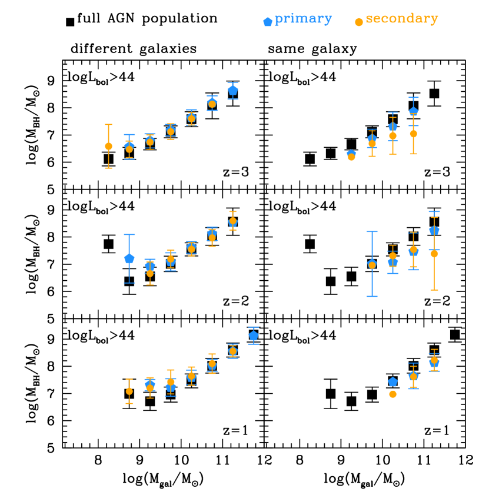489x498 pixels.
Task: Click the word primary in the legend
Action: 303,19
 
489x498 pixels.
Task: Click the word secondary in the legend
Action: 402,19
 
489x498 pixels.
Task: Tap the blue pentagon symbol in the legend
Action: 268,22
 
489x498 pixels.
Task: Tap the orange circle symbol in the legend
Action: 359,22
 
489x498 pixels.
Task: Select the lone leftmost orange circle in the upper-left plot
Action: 108,146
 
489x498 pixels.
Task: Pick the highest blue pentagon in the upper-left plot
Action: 233,90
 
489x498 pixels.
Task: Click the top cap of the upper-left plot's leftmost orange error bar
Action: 108,125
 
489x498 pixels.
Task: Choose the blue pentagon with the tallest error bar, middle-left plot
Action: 129,258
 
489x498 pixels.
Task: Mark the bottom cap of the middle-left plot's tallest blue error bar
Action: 129,283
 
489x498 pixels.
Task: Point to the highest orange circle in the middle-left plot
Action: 233,221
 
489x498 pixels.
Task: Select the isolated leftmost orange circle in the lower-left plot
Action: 129,391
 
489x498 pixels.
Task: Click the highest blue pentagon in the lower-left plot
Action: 254,336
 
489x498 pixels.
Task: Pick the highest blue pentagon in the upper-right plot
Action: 414,111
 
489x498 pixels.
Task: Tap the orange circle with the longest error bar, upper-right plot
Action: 414,134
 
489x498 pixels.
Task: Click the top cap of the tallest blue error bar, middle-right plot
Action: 372,232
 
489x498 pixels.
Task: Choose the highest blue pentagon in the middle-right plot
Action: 434,230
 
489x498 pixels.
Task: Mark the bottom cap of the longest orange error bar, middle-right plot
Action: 434,290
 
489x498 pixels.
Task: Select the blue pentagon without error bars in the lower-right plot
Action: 392,382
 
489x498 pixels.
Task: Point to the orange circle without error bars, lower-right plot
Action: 392,394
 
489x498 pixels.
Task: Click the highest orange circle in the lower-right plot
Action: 434,360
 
